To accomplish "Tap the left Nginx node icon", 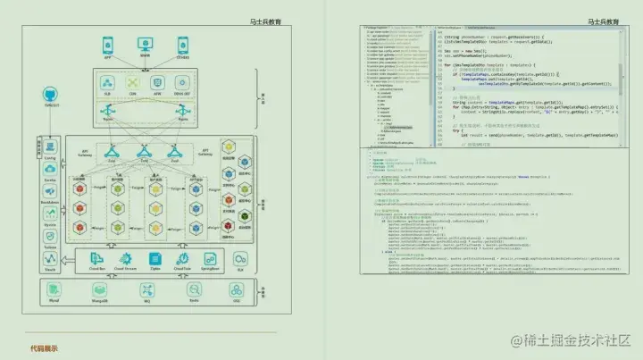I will click(x=109, y=115).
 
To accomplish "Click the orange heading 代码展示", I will click(x=44, y=348).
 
